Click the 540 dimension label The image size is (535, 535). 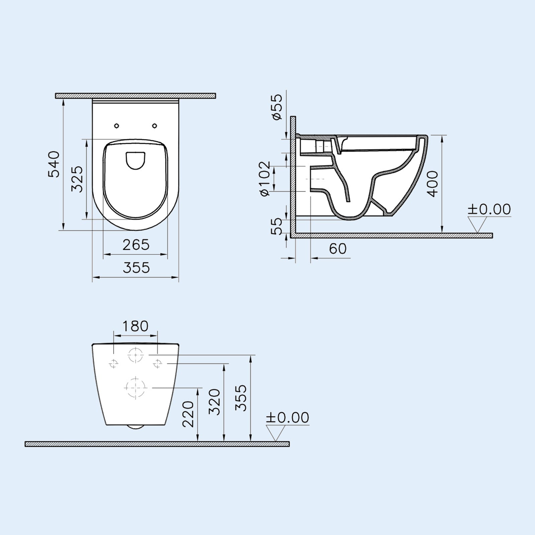click(53, 164)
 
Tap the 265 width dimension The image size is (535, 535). click(136, 245)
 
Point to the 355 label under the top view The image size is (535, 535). click(136, 267)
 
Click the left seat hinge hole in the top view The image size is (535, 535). click(116, 126)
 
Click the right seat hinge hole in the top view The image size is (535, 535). click(154, 126)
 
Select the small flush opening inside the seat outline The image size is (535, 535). click(136, 160)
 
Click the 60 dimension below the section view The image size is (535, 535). click(338, 248)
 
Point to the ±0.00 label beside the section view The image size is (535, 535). click(489, 209)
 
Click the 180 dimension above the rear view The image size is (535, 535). click(135, 326)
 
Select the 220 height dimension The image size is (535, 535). click(188, 414)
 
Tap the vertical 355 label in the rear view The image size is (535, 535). click(240, 398)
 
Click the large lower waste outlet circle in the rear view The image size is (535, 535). click(135, 388)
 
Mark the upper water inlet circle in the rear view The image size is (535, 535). click(135, 355)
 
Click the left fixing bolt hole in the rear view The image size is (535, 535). click(114, 363)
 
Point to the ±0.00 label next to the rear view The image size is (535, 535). click(287, 418)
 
